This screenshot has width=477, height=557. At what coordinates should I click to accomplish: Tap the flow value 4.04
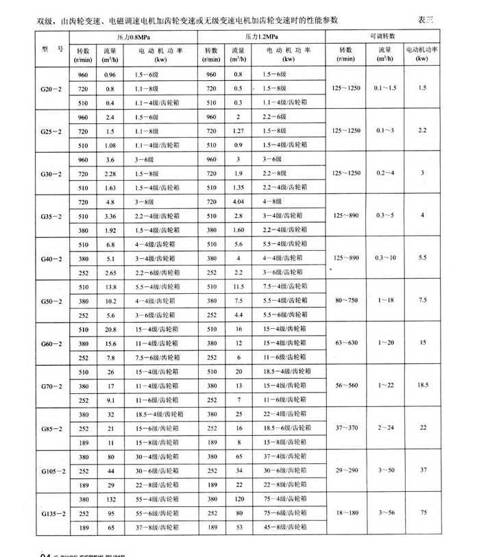[x=239, y=202]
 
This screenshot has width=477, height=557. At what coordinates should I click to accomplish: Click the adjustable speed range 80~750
[x=345, y=300]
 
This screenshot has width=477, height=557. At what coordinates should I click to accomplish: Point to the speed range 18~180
[x=345, y=514]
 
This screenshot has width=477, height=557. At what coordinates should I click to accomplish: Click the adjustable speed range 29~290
[x=345, y=472]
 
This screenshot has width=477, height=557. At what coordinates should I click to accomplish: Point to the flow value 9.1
[x=110, y=400]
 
